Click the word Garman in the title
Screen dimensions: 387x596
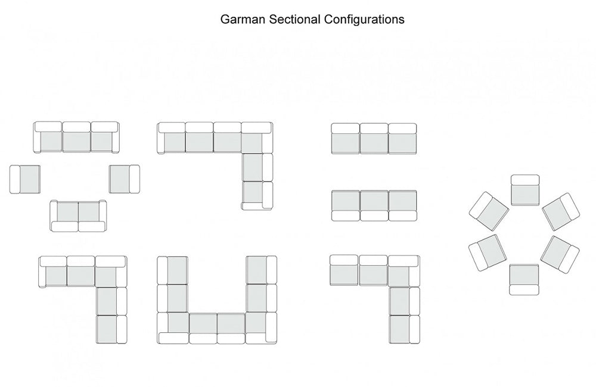pyautogui.click(x=243, y=19)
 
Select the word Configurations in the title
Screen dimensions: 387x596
pyautogui.click(x=364, y=19)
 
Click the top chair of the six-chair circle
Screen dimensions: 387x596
pyautogui.click(x=525, y=189)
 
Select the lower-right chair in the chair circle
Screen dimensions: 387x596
pyautogui.click(x=560, y=255)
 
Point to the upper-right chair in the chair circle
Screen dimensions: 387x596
pyautogui.click(x=561, y=211)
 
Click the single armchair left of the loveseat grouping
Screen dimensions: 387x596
pyautogui.click(x=25, y=179)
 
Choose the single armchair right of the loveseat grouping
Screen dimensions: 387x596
pyautogui.click(x=124, y=179)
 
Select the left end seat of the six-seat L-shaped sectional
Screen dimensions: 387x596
pyautogui.click(x=172, y=138)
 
